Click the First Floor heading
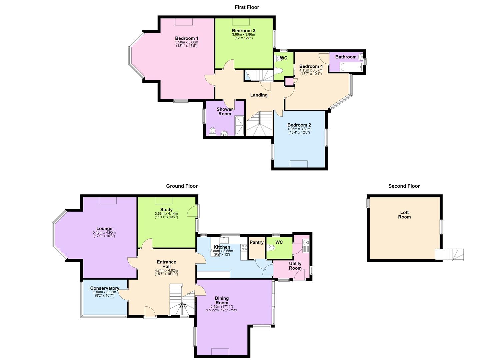(247, 7)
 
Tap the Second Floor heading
(404, 186)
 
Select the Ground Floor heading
(182, 186)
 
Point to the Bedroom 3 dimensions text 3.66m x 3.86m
(243, 34)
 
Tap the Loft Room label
(404, 215)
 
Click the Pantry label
(256, 242)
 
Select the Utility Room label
(295, 266)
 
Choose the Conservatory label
(105, 288)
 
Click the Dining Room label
(222, 300)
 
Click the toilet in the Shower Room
(213, 131)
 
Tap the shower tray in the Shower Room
(240, 125)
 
